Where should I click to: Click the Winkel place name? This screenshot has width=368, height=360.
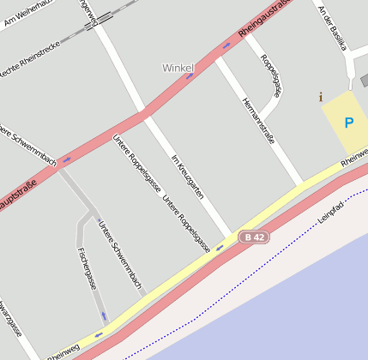tap(178, 67)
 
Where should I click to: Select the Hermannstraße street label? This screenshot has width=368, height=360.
tap(259, 120)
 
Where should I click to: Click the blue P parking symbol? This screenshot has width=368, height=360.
tap(348, 123)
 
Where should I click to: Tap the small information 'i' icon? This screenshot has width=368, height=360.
tap(321, 97)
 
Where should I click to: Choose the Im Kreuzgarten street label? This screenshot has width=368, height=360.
tap(188, 177)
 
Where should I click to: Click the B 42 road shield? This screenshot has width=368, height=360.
tap(254, 237)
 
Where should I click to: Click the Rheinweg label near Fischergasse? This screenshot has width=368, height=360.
tap(63, 350)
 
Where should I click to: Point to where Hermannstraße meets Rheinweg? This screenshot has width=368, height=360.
tap(300, 183)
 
